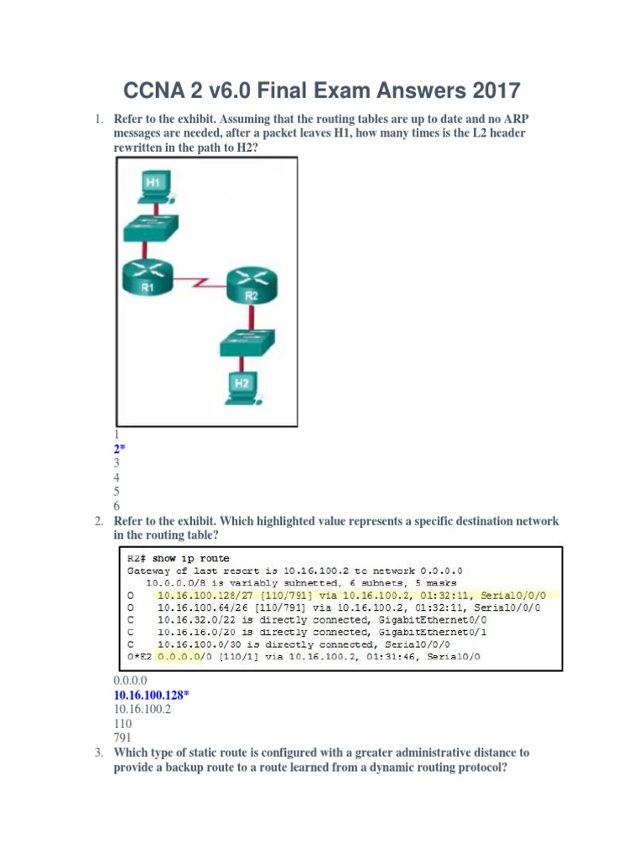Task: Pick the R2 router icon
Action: coord(250,286)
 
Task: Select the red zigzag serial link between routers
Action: coord(203,285)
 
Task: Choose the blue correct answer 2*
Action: coord(119,449)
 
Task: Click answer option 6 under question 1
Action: coord(117,506)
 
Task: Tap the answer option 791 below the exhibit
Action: coord(122,737)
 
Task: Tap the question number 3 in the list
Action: coord(98,752)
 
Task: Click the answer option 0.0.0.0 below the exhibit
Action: coord(130,680)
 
